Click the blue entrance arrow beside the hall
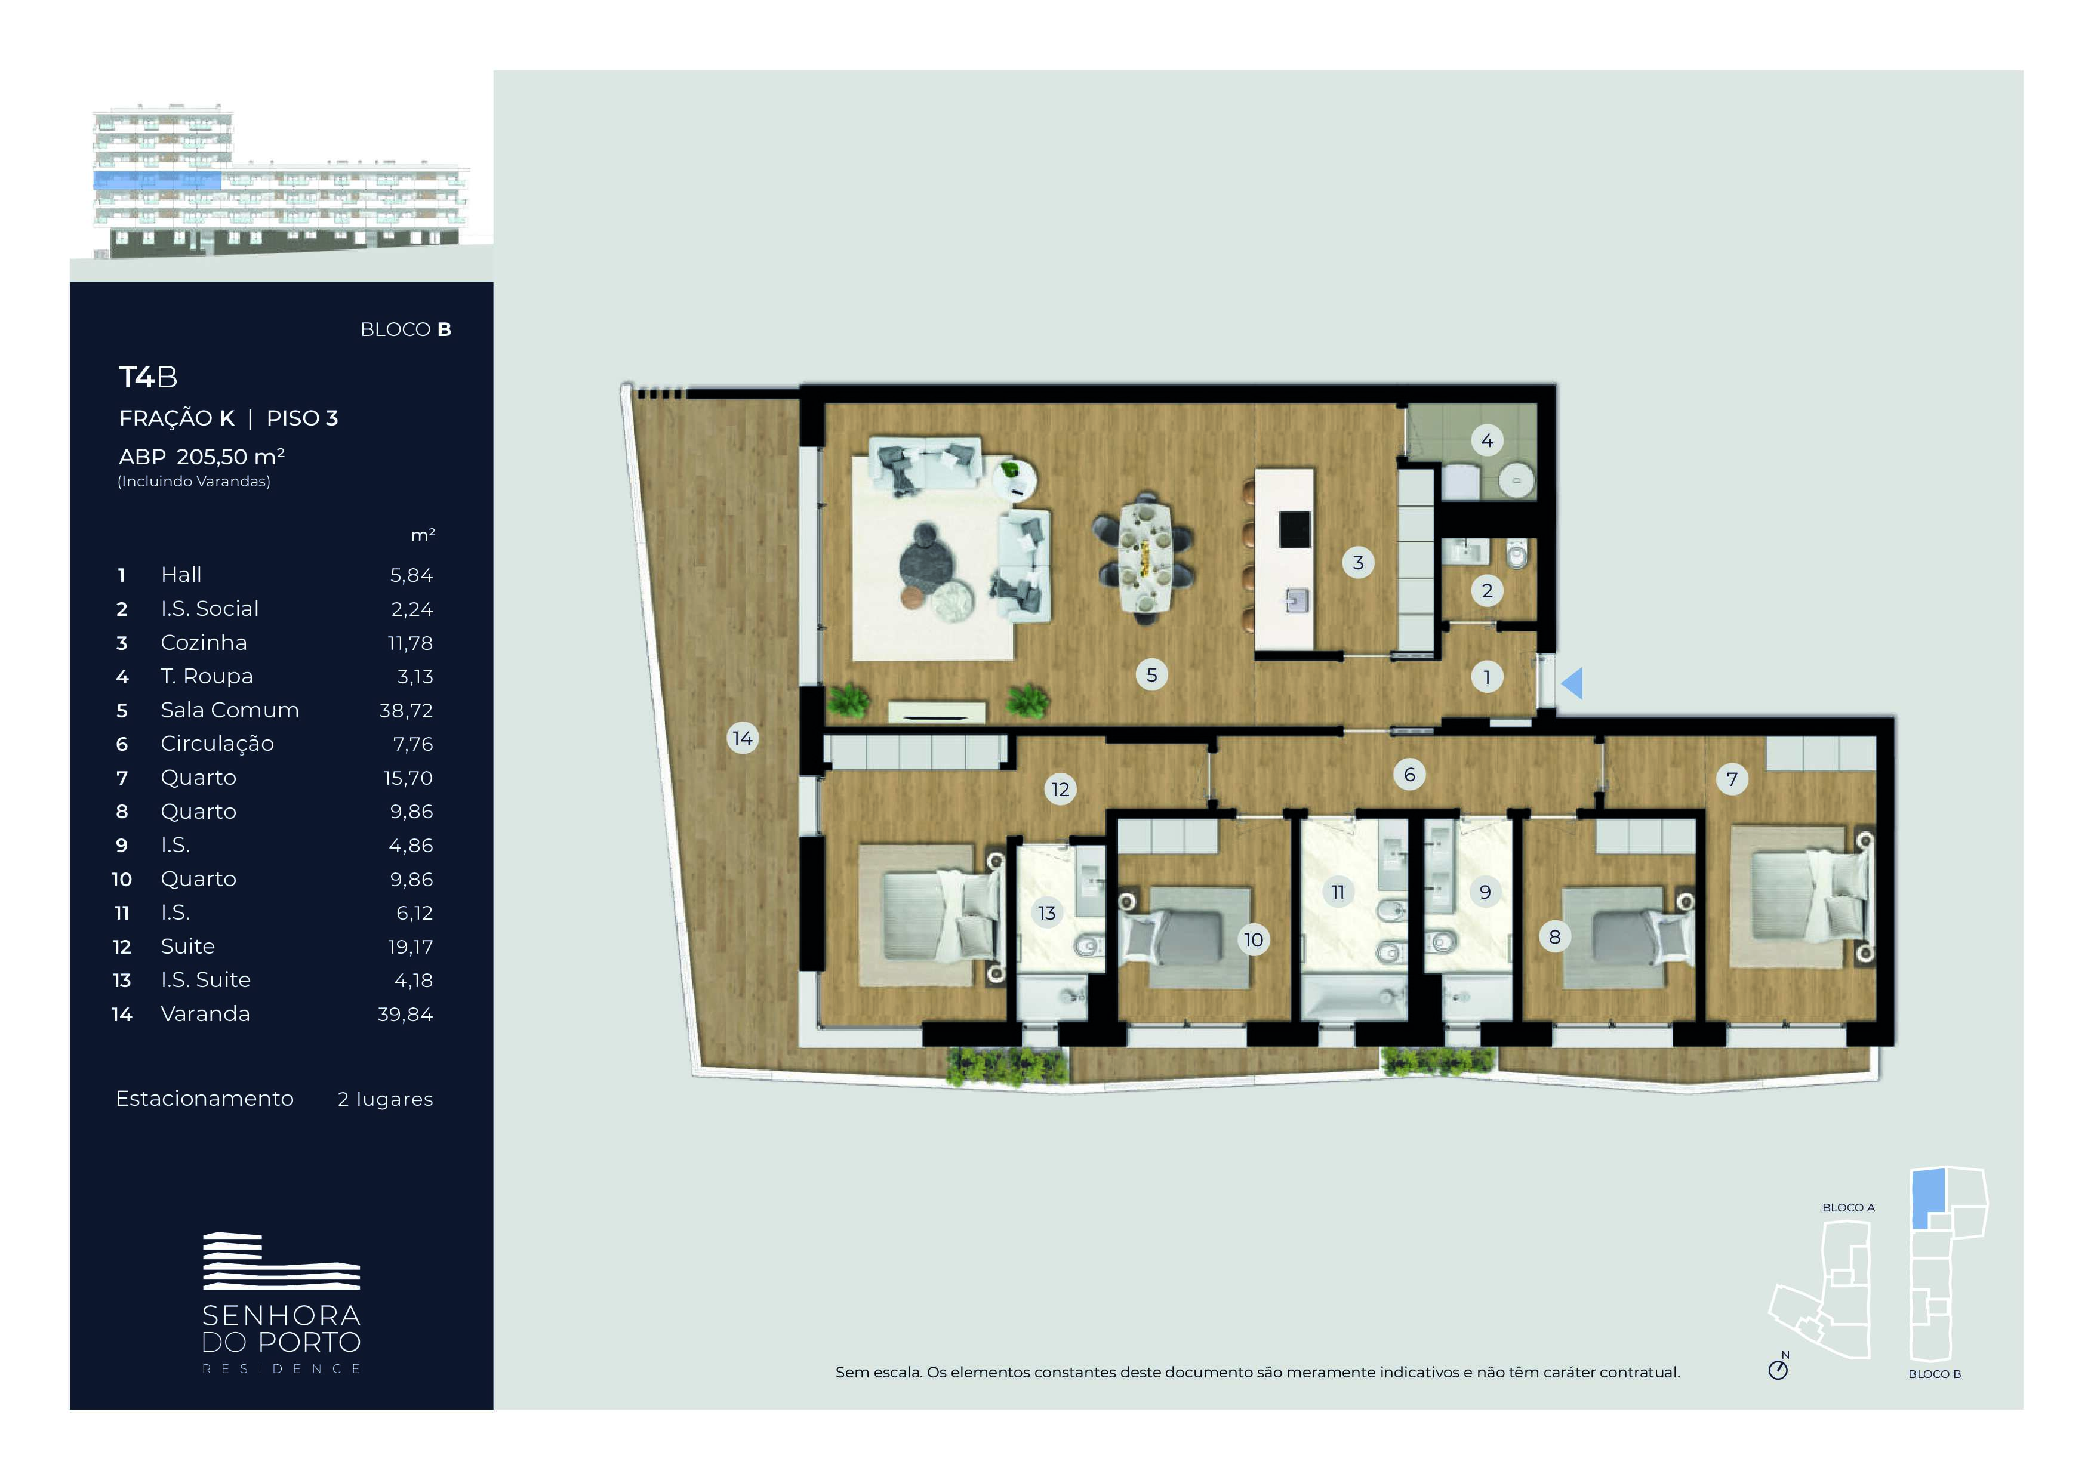coord(1572,683)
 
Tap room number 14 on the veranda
coord(743,738)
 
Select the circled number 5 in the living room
coord(1152,675)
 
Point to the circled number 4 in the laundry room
coord(1486,440)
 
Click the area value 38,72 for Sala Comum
coord(406,710)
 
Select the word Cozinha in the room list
coord(204,643)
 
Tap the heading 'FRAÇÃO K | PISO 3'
coord(228,418)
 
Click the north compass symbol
coord(1778,1370)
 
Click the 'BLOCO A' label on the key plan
coord(1847,1207)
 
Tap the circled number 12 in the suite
coord(1060,789)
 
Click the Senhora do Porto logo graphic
coord(281,1260)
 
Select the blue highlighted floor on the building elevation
coord(157,181)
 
